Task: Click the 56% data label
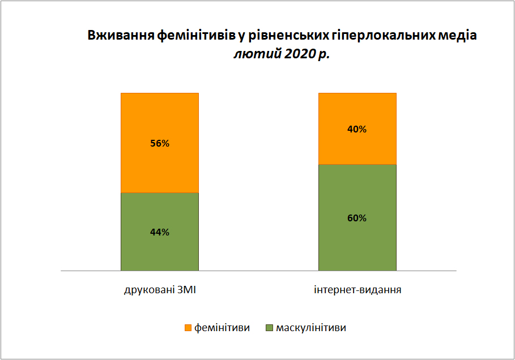(x=160, y=143)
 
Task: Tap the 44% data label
(x=160, y=232)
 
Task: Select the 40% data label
(x=357, y=129)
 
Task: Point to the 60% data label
(x=357, y=218)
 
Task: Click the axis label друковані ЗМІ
(x=160, y=290)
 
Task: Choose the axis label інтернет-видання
(x=357, y=290)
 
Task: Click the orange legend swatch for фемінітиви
(x=188, y=328)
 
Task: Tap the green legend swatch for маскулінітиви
(x=269, y=328)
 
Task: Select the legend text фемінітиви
(x=222, y=328)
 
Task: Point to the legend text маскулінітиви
(x=311, y=328)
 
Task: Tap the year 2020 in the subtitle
(x=300, y=54)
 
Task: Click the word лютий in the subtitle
(x=258, y=54)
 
